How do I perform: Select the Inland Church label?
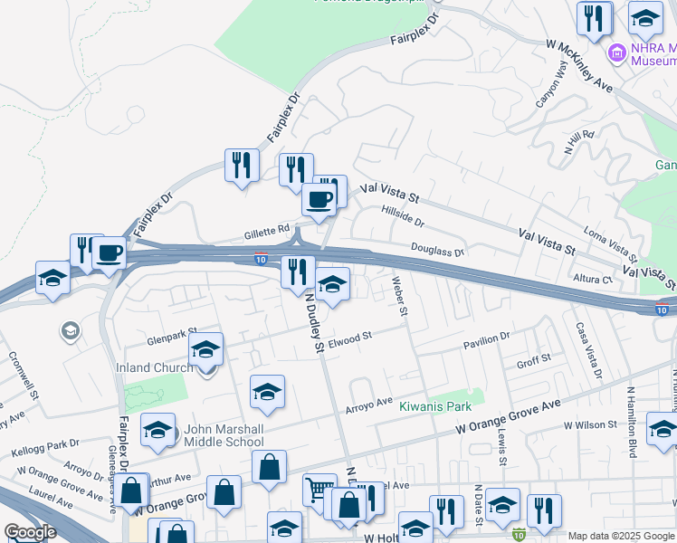click(155, 367)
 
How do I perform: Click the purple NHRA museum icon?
click(618, 53)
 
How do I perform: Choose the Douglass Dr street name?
click(437, 251)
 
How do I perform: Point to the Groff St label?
click(533, 359)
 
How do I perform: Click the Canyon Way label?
click(551, 88)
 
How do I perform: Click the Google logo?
click(30, 531)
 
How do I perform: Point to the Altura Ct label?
click(594, 280)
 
